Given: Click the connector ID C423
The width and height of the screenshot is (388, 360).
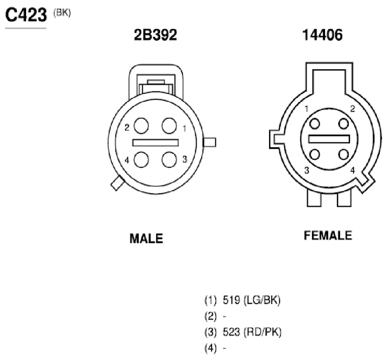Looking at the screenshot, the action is [26, 15].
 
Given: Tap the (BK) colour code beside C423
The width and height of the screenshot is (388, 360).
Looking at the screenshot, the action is [62, 13].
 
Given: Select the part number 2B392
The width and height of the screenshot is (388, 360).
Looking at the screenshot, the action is [155, 35].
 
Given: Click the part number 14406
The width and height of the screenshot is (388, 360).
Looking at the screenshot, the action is [322, 35].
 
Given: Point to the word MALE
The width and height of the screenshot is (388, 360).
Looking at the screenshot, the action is [146, 238].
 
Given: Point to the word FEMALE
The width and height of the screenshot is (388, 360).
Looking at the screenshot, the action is [328, 235].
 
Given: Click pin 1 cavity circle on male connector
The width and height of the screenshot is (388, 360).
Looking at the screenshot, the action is [169, 126].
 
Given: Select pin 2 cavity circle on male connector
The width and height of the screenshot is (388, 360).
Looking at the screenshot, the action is [141, 126].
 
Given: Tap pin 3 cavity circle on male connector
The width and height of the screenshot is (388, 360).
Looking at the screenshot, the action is [169, 159].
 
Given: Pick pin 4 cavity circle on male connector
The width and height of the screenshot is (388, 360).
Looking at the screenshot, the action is [141, 159].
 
